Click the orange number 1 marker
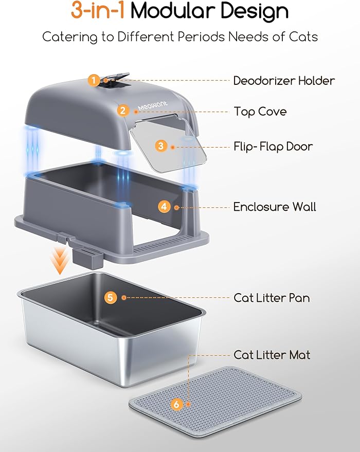(x=94, y=80)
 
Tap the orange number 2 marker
(x=122, y=110)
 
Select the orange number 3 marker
(x=161, y=146)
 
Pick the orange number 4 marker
(x=164, y=207)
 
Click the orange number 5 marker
(x=111, y=297)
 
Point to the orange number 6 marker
(x=177, y=405)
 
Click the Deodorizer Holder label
(x=284, y=81)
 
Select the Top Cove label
(x=260, y=112)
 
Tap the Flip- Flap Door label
(x=273, y=147)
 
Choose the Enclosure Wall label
(x=275, y=207)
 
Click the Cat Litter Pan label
(x=272, y=298)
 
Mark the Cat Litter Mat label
(x=272, y=355)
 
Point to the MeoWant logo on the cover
(x=150, y=108)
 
